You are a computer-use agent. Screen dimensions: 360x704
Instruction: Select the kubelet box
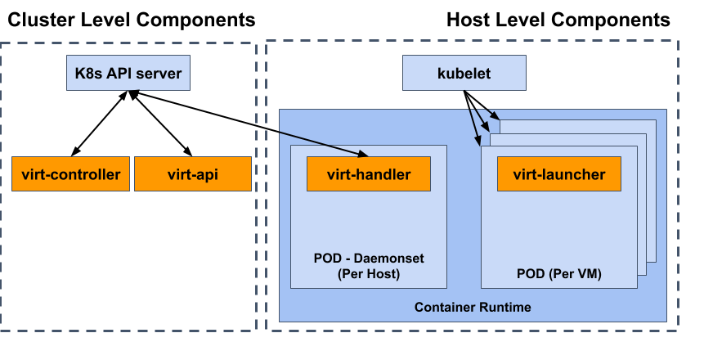[x=464, y=74]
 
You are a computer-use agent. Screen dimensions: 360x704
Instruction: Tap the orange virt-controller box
[x=70, y=174]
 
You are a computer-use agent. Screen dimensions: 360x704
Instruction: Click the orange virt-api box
[x=192, y=174]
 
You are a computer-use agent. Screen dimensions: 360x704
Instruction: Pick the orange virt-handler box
[x=368, y=174]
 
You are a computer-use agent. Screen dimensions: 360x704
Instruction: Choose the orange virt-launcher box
[x=558, y=174]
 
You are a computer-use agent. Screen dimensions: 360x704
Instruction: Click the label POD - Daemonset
[x=369, y=258]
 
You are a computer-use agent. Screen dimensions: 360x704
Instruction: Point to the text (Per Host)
[x=369, y=274]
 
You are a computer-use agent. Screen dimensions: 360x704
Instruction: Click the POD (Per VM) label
[x=559, y=274]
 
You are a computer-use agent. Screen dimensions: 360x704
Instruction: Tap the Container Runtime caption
[x=473, y=308]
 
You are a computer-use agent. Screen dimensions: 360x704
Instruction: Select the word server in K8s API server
[x=160, y=74]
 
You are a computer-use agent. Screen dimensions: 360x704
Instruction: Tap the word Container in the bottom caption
[x=446, y=308]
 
